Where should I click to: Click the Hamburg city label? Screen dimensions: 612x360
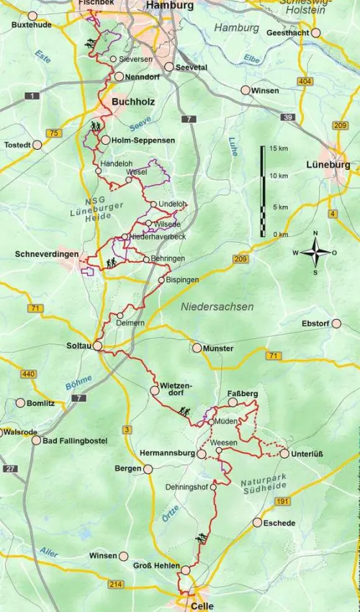(170, 6)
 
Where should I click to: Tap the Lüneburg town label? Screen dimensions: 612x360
(328, 164)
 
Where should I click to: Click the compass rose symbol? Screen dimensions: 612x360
(314, 253)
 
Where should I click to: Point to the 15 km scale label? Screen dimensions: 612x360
(279, 148)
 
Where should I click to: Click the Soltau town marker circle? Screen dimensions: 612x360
(97, 346)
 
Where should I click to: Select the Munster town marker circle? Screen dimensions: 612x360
(197, 348)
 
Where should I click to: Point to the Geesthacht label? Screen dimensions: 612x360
(288, 33)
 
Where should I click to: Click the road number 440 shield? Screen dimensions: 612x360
(29, 374)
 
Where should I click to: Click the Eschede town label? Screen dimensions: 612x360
(279, 523)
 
